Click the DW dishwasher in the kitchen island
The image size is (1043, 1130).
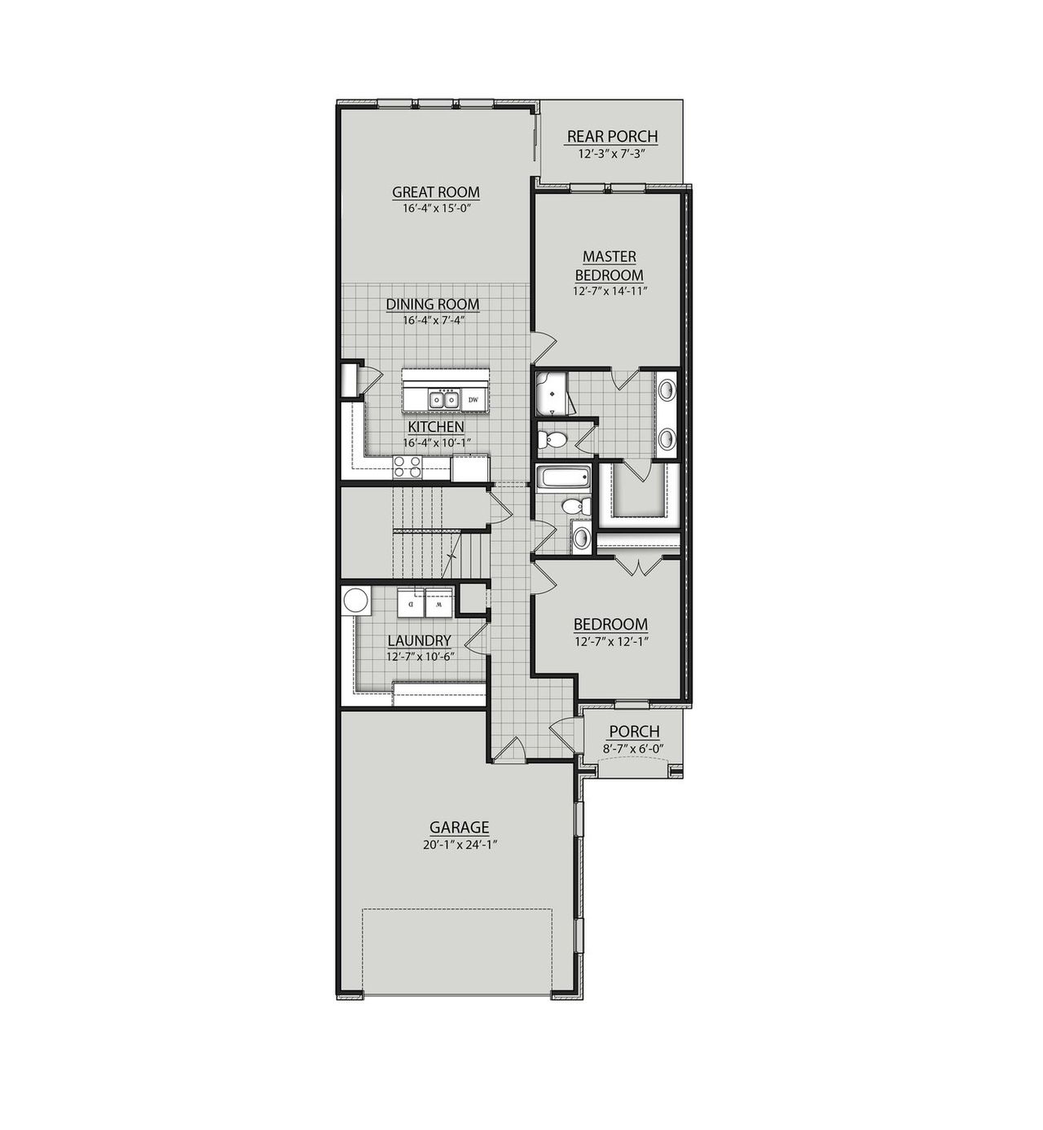point(473,399)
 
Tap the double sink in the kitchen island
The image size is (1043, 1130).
point(443,399)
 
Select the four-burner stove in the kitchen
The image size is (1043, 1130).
point(407,467)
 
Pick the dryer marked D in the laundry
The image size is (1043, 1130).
point(411,605)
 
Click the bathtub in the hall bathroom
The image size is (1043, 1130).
point(561,477)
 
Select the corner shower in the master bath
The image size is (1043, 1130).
point(552,394)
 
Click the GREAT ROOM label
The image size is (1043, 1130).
point(436,192)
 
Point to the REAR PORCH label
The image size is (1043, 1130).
point(612,137)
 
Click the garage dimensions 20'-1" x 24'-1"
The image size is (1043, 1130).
point(460,845)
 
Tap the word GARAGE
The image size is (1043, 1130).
point(460,828)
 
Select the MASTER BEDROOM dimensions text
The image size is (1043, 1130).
point(610,291)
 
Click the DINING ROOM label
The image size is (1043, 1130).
point(433,305)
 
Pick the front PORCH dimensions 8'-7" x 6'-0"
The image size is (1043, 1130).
point(634,748)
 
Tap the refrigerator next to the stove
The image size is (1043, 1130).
point(469,468)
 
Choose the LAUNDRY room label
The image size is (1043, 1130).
point(419,641)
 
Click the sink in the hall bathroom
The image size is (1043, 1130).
point(582,537)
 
